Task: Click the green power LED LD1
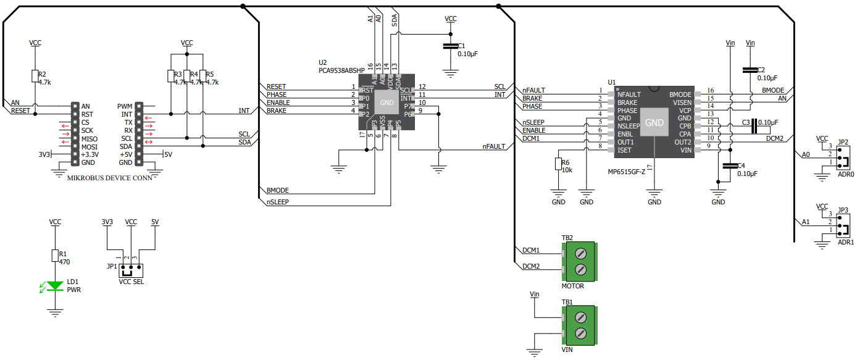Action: pos(56,285)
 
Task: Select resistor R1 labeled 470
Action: pos(54,256)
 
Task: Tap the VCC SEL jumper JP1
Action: pos(131,270)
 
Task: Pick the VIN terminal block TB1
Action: pos(580,325)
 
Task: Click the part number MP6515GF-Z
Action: pos(625,171)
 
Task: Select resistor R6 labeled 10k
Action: pos(558,164)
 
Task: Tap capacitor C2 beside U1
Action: pos(750,70)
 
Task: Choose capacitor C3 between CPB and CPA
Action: pos(753,126)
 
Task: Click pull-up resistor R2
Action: pos(35,76)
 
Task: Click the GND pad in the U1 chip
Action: pos(654,123)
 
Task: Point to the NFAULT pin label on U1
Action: pos(629,94)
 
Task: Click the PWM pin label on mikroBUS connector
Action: pos(125,106)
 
